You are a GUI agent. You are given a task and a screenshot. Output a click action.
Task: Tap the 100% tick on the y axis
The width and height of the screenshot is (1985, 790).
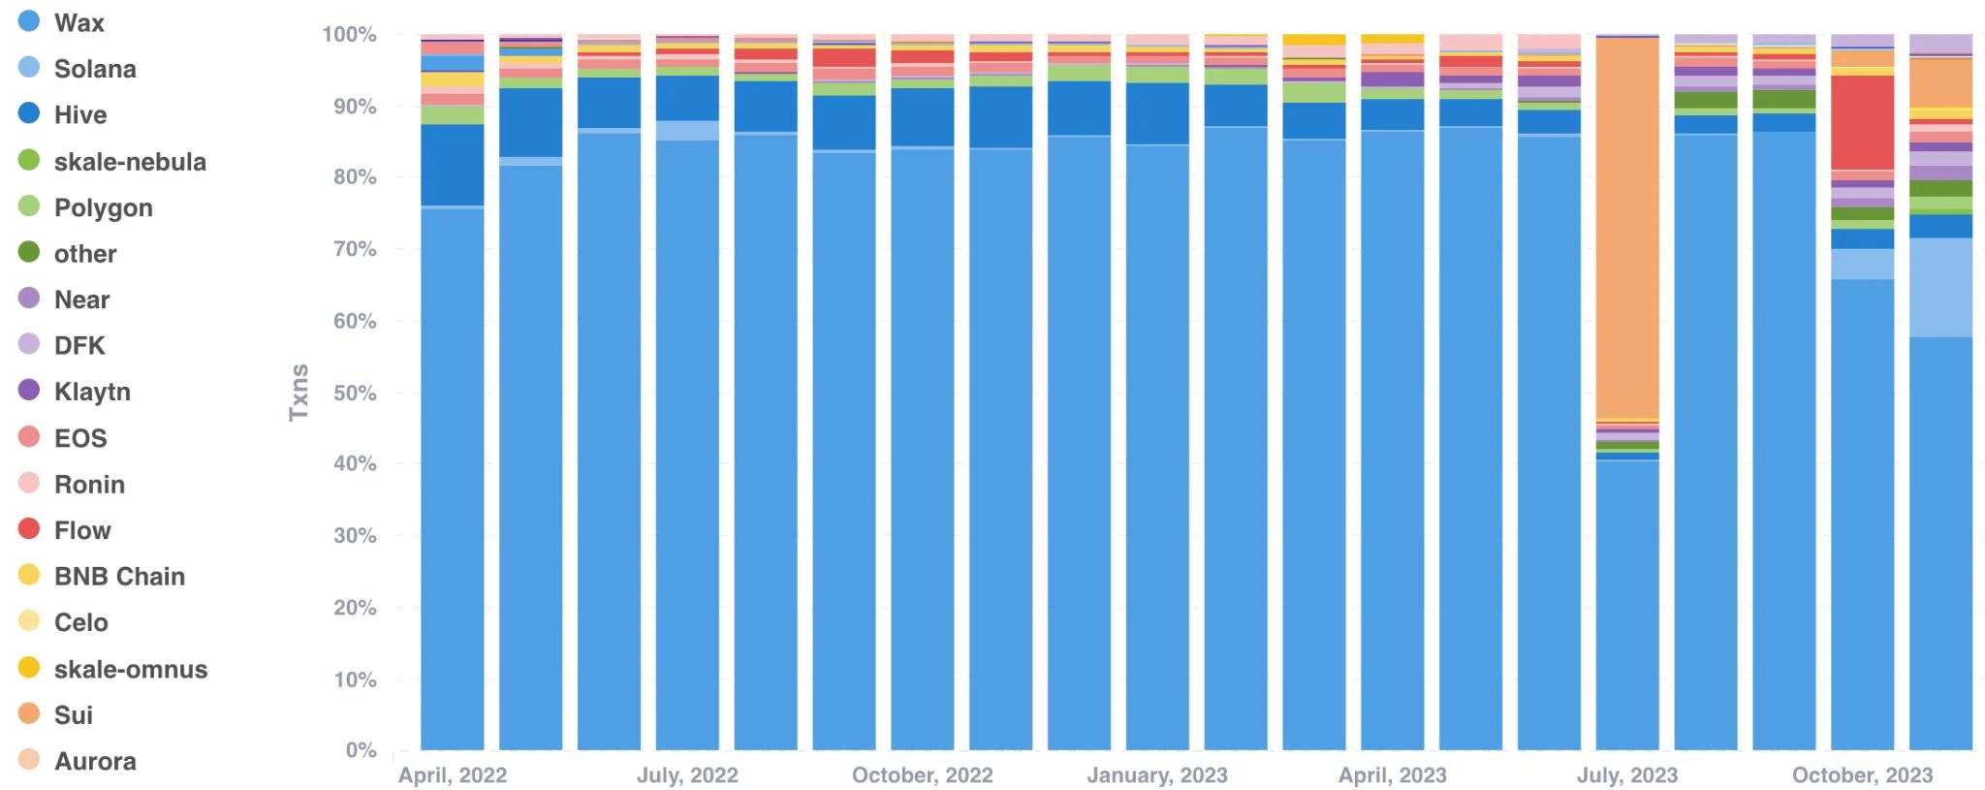point(349,35)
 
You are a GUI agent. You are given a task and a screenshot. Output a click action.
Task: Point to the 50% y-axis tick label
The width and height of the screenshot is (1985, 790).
point(354,393)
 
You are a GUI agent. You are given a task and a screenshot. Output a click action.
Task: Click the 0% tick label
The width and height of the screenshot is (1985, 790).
point(361,750)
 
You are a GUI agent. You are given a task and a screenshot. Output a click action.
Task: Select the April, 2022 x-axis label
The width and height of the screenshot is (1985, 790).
point(453,775)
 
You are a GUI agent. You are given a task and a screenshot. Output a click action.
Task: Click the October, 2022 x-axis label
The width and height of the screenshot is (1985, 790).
point(922,775)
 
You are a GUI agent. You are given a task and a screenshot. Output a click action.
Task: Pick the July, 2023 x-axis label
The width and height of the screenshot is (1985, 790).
point(1626,775)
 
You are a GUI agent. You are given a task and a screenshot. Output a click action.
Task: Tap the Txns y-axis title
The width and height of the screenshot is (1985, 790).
point(299,393)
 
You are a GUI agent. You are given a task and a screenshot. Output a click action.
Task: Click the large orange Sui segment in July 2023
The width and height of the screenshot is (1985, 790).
point(1626,228)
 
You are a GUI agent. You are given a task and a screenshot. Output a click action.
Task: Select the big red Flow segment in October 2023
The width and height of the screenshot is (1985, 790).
point(1862,122)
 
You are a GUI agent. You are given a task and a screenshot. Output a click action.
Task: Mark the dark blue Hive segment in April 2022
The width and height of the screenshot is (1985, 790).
point(453,165)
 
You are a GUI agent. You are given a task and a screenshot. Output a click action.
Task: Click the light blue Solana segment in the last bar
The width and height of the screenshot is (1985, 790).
point(1940,288)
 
